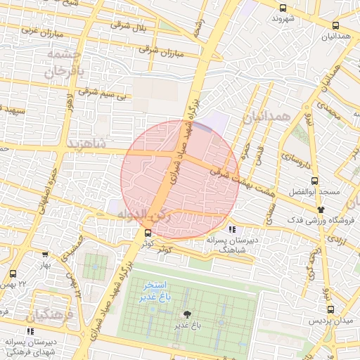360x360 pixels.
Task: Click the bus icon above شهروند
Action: (283, 8)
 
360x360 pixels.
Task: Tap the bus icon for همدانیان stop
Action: (335, 26)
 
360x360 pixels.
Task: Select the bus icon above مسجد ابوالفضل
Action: (314, 180)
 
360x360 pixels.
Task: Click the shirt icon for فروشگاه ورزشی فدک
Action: (321, 209)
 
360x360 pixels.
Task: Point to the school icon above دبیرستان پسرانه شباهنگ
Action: (231, 229)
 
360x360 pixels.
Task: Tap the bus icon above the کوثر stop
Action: (147, 233)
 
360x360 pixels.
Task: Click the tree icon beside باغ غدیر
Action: (187, 314)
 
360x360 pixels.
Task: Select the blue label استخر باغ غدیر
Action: (155, 291)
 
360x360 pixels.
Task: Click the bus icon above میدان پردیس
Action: (330, 309)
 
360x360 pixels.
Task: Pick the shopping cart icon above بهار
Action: (45, 255)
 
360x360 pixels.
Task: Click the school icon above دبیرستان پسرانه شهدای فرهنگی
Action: (30, 330)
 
